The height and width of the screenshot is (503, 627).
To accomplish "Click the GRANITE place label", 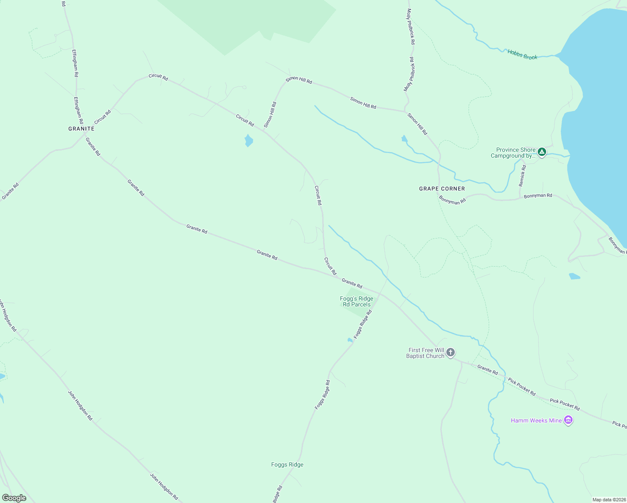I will pos(81,129).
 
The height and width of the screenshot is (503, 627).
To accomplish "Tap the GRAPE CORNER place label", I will pos(442,189).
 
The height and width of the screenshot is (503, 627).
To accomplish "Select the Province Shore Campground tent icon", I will pos(542,152).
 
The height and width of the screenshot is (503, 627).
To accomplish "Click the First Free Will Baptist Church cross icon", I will pos(451,353).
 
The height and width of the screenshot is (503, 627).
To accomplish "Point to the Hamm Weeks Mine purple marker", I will pos(568,420).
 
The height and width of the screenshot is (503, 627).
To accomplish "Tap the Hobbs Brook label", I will pos(522,54).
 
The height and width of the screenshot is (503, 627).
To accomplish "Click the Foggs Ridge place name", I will pos(287,464).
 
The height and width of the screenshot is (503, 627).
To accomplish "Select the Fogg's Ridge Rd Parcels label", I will pos(357,301).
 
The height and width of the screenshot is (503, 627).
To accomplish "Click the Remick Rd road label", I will pos(522,176).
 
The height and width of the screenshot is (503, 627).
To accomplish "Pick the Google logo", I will pos(14,498).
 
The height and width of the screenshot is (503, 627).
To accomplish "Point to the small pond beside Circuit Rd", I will pos(249,140).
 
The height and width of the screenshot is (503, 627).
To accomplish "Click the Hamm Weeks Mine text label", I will pos(536,420).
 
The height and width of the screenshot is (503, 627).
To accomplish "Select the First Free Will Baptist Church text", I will pos(426,353).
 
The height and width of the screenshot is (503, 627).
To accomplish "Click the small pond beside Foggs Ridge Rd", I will pos(350,340).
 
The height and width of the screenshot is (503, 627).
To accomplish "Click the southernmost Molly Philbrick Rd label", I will pos(409,75).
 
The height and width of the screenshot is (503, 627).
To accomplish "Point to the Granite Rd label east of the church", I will pos(487,369).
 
